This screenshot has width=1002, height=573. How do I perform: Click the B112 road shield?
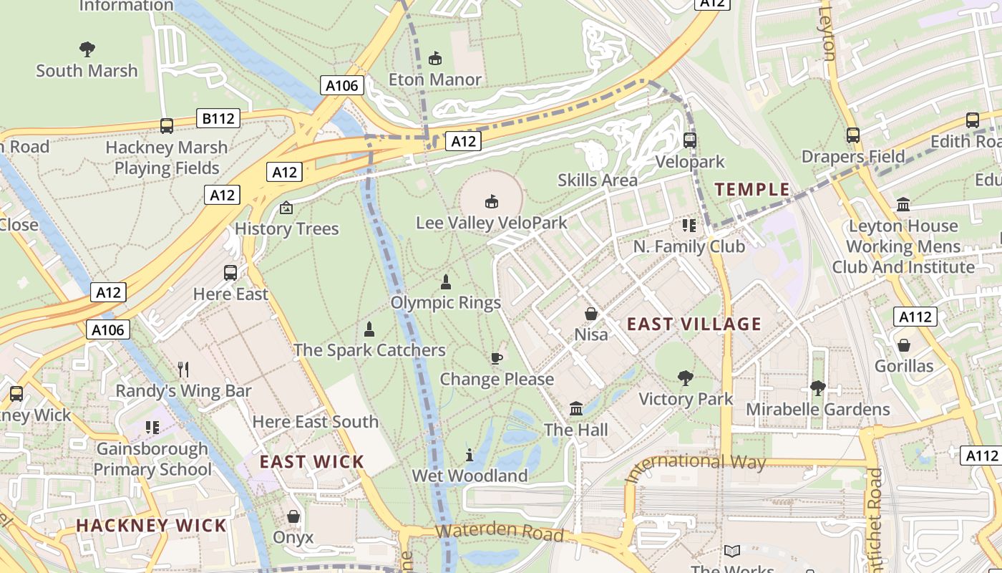pyautogui.click(x=218, y=118)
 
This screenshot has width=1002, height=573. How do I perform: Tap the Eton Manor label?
pyautogui.click(x=434, y=80)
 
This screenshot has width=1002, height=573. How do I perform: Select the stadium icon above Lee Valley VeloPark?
pyautogui.click(x=492, y=201)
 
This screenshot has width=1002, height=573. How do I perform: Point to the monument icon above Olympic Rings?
pyautogui.click(x=446, y=281)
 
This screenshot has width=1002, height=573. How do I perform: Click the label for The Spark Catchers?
pyautogui.click(x=369, y=350)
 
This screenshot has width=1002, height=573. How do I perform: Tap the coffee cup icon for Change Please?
pyautogui.click(x=497, y=358)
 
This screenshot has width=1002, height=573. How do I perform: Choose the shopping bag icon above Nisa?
pyautogui.click(x=591, y=314)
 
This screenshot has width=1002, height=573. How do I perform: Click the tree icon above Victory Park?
pyautogui.click(x=686, y=377)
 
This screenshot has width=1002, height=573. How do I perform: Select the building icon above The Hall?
pyautogui.click(x=575, y=409)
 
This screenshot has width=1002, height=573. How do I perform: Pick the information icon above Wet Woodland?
pyautogui.click(x=470, y=455)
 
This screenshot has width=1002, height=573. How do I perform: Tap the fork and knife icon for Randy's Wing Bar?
pyautogui.click(x=183, y=370)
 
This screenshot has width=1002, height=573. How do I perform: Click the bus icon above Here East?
pyautogui.click(x=230, y=273)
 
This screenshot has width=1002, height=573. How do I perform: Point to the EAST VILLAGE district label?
pyautogui.click(x=694, y=324)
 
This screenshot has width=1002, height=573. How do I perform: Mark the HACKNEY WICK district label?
pyautogui.click(x=152, y=525)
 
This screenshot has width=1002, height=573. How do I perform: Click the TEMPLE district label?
pyautogui.click(x=752, y=190)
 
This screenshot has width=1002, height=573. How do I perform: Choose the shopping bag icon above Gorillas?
pyautogui.click(x=904, y=345)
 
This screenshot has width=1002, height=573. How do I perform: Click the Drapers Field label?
pyautogui.click(x=853, y=157)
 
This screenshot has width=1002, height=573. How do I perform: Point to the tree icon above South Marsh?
pyautogui.click(x=87, y=49)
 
